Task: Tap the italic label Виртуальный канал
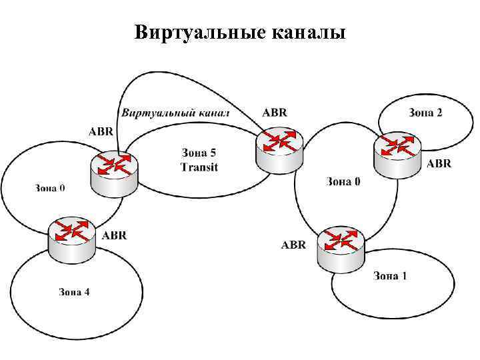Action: coord(175,113)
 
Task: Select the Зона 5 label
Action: coord(199,153)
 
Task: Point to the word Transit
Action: coord(199,167)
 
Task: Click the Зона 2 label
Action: coord(425,112)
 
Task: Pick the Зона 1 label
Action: coord(389,276)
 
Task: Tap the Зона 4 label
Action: coord(74,291)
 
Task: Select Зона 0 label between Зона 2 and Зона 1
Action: coord(343,181)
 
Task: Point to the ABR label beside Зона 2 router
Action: coord(439,164)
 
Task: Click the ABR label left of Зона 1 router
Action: coord(293,245)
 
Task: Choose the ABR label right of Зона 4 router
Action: coord(114,235)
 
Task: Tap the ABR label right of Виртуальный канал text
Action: coord(275,113)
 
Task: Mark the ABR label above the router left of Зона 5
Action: coord(101,130)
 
